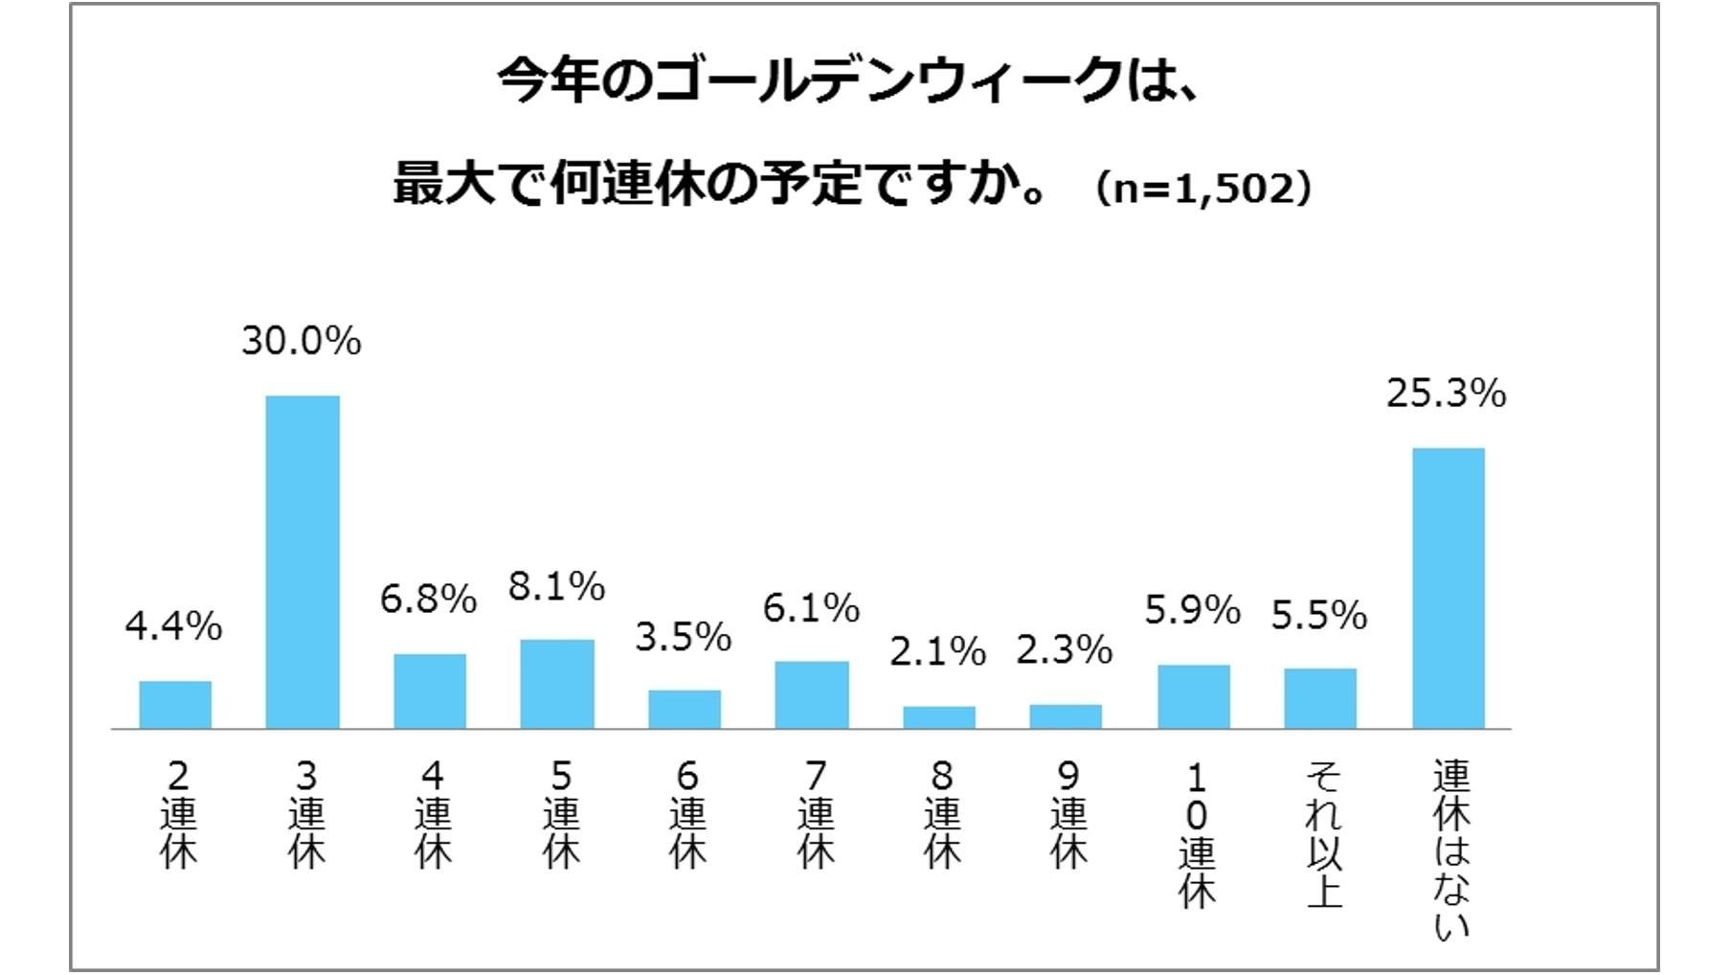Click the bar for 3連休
tap(303, 562)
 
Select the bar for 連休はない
tap(1449, 588)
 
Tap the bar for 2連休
tap(175, 705)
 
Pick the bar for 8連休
tap(939, 717)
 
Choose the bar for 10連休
tap(1194, 696)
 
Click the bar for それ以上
tap(1320, 698)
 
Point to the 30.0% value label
tap(302, 341)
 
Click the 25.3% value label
tap(1446, 394)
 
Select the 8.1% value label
tap(556, 586)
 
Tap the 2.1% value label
tap(937, 652)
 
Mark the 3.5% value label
tap(683, 637)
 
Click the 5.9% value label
tap(1192, 610)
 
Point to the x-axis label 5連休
tap(561, 814)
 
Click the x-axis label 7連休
tap(815, 814)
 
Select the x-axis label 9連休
tap(1068, 814)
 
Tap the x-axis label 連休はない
tap(1451, 849)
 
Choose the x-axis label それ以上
tap(1324, 833)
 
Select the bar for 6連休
tap(685, 709)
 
